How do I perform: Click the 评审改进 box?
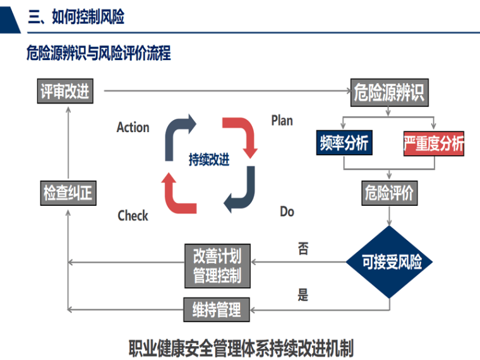coord(65,92)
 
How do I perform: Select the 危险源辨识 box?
coord(388,93)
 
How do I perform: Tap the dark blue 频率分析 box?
coord(344,143)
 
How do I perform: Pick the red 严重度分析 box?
coord(433,144)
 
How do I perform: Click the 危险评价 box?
coord(388,193)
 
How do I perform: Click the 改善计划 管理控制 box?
coord(217,266)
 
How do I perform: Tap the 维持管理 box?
coord(217,309)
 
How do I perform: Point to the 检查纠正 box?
coord(68,193)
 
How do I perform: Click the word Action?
coord(133,128)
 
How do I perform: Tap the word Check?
coord(133,216)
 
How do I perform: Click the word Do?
coord(287,212)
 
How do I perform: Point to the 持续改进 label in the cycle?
coord(209,160)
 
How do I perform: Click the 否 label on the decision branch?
coord(303,249)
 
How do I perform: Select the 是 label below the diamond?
coord(303,294)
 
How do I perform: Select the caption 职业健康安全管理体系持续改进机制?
coord(241,347)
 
